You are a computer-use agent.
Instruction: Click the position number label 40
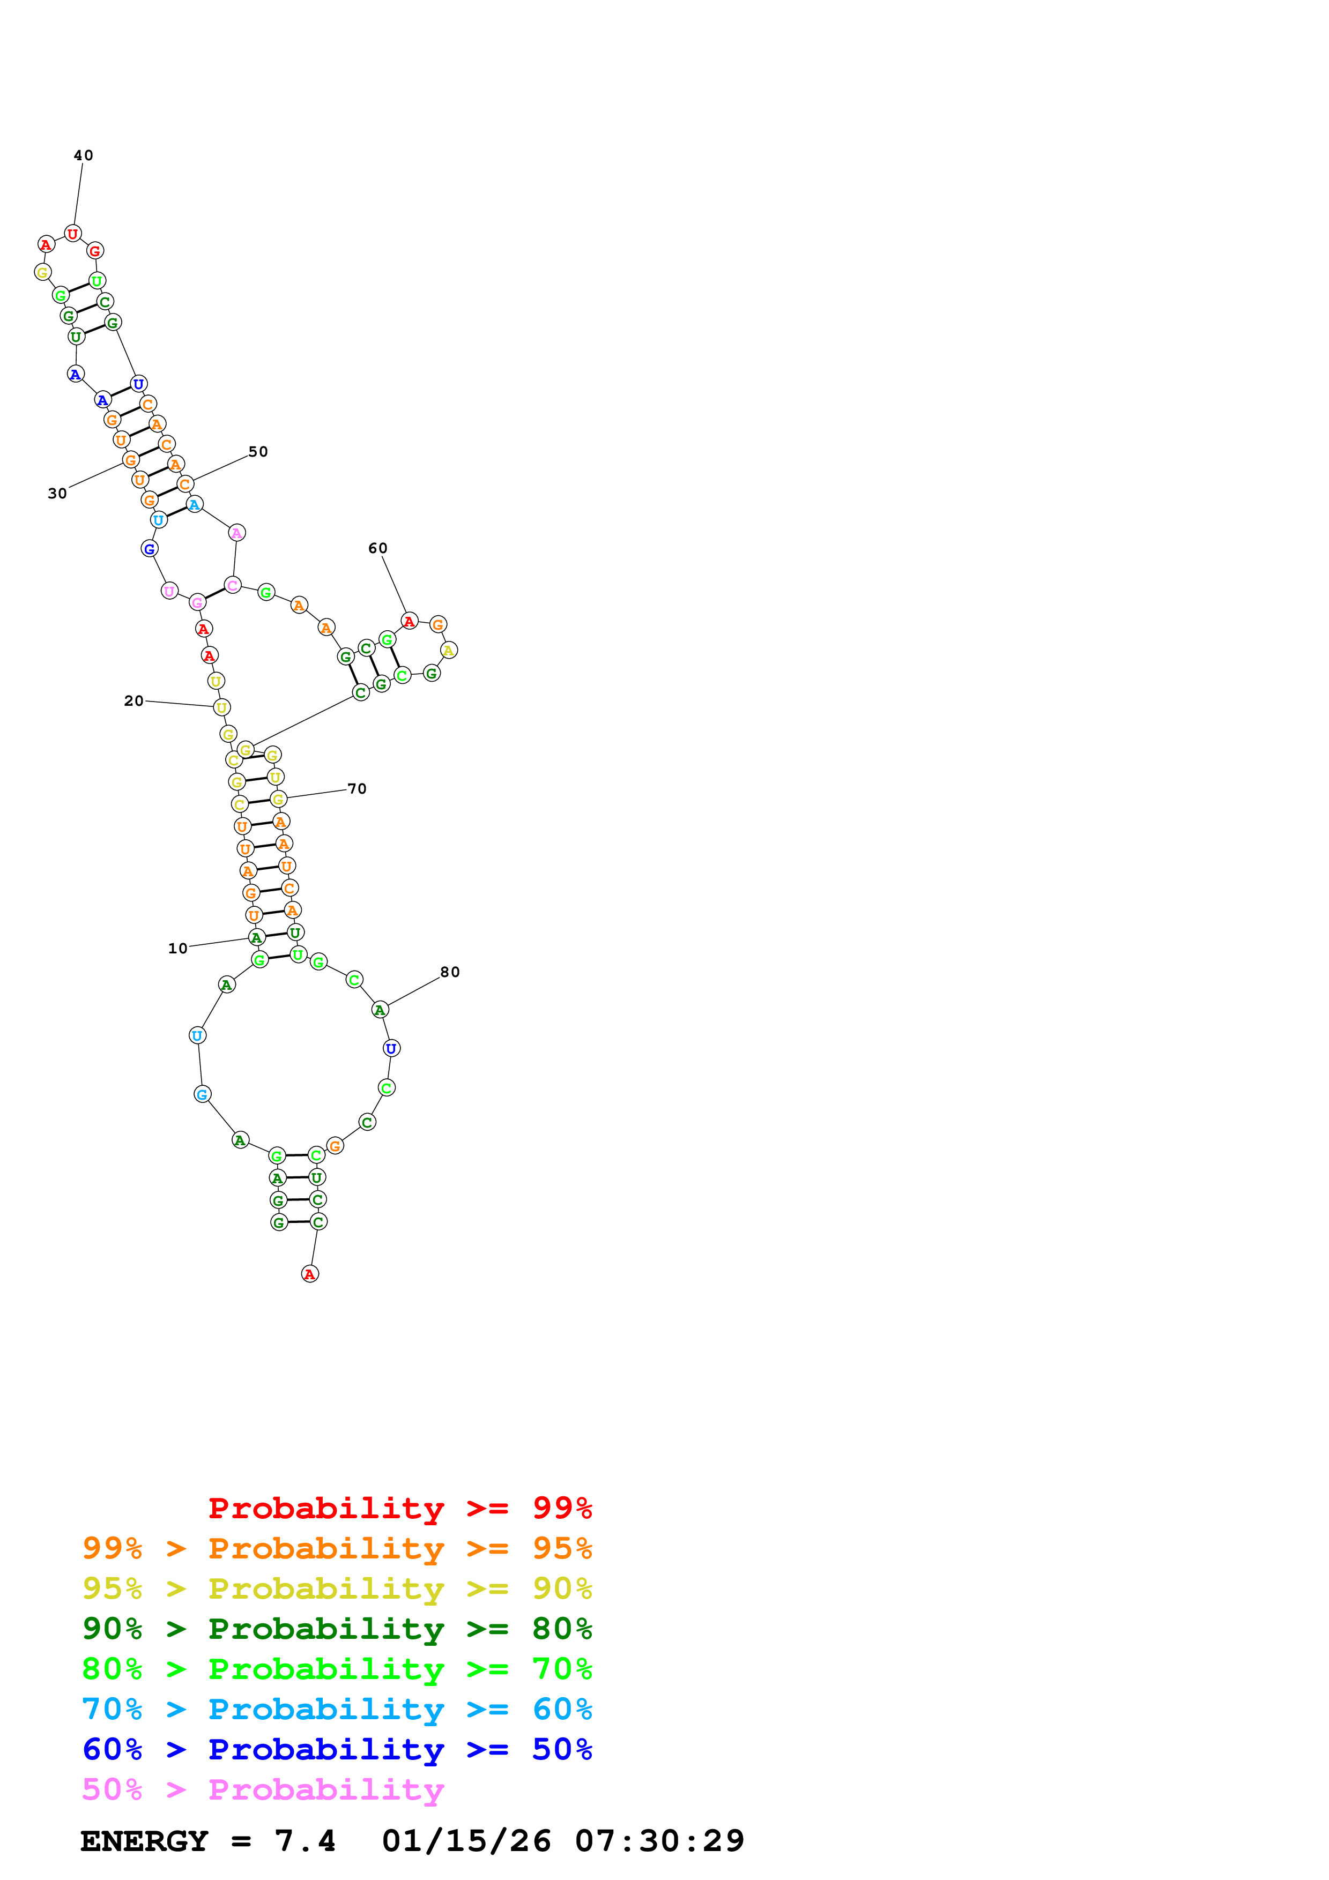click(x=84, y=155)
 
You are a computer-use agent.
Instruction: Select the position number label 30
click(x=57, y=494)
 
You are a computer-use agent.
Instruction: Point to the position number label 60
click(x=377, y=549)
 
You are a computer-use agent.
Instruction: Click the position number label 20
click(x=133, y=701)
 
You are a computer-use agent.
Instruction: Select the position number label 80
click(x=450, y=973)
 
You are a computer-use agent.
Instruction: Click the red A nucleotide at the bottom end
click(x=309, y=1274)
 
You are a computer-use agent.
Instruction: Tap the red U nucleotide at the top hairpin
click(x=73, y=234)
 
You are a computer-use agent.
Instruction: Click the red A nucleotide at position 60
click(x=410, y=622)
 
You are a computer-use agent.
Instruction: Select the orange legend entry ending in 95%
click(x=337, y=1548)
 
